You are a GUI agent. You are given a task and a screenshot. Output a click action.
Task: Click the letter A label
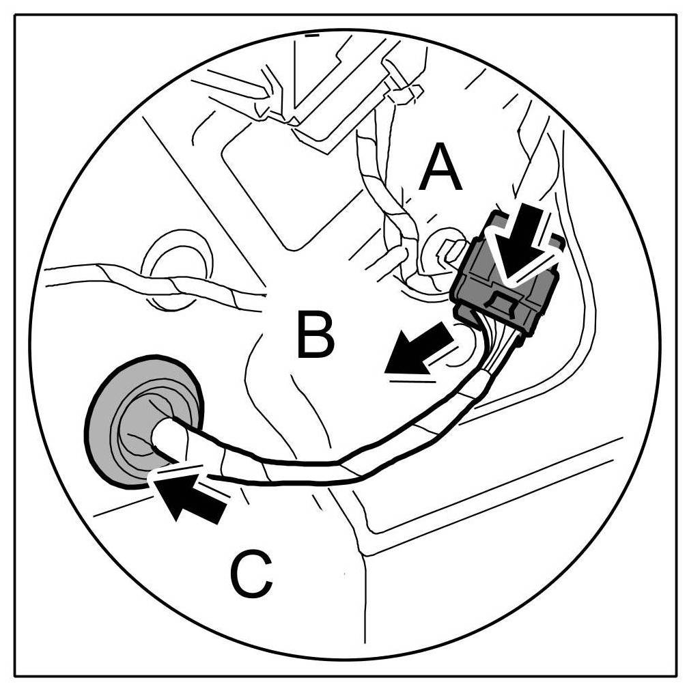click(440, 170)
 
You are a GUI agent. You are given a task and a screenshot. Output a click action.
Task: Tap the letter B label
click(315, 334)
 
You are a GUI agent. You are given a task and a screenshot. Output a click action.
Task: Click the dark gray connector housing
click(505, 280)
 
